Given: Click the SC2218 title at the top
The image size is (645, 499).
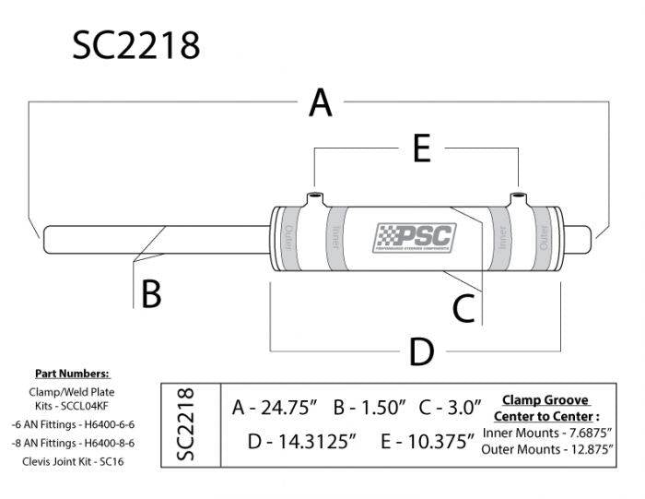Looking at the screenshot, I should tap(135, 43).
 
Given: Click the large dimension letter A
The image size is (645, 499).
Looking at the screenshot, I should tap(320, 102).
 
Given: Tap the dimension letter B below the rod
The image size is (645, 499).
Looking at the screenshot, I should tap(151, 294).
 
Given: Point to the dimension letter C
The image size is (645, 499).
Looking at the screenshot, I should tap(463, 306).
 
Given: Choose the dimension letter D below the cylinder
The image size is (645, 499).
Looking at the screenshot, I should tap(420, 351).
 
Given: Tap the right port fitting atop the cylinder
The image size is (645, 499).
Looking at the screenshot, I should tap(520, 198).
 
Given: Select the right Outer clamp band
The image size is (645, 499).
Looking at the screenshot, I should tap(545, 239).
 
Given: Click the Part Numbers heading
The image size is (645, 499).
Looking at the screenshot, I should tap(72, 374).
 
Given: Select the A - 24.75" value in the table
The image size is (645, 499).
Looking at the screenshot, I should tap(276, 406).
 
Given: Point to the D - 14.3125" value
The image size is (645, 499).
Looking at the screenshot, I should tap(302, 440).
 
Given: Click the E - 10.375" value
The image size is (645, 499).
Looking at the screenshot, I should tap(428, 440).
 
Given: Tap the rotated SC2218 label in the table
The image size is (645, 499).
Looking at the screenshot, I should tap(185, 423).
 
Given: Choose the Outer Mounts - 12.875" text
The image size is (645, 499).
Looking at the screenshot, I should tap(547, 448).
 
